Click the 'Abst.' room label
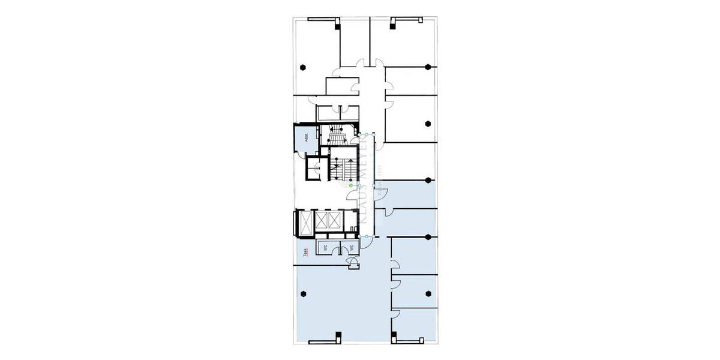pyautogui.click(x=305, y=137)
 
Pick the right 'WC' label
pyautogui.click(x=353, y=247)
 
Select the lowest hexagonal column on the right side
pyautogui.click(x=428, y=293)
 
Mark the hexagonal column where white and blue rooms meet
pyautogui.click(x=428, y=179)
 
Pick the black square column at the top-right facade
pyautogui.click(x=393, y=23)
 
